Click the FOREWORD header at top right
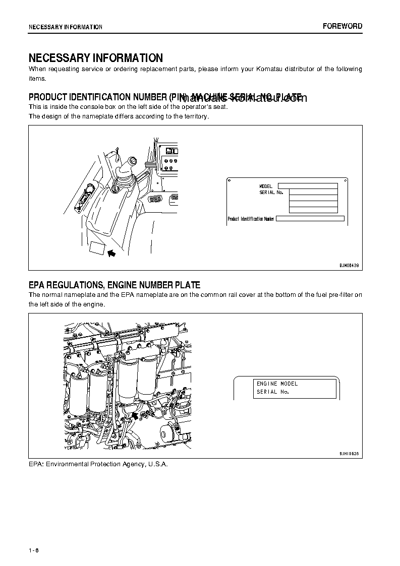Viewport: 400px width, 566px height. [342, 26]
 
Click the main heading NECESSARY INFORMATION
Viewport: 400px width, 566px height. [95, 58]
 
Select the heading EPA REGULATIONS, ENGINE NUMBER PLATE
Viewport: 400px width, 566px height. [114, 285]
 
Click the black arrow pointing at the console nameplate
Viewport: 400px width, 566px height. [111, 253]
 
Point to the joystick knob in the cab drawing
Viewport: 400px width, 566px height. [133, 162]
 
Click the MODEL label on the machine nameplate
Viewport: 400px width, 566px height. [265, 186]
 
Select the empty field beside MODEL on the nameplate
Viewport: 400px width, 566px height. [307, 186]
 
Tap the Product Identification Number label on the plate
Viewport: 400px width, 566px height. [251, 219]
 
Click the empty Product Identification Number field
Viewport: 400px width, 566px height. [310, 219]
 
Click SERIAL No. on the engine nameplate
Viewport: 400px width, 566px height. [272, 392]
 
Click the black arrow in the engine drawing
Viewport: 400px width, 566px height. [135, 415]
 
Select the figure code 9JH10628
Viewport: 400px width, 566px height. [349, 454]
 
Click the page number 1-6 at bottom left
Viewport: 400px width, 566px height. [34, 550]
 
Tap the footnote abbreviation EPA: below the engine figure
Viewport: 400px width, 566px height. [36, 464]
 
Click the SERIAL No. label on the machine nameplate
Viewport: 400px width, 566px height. [271, 193]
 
